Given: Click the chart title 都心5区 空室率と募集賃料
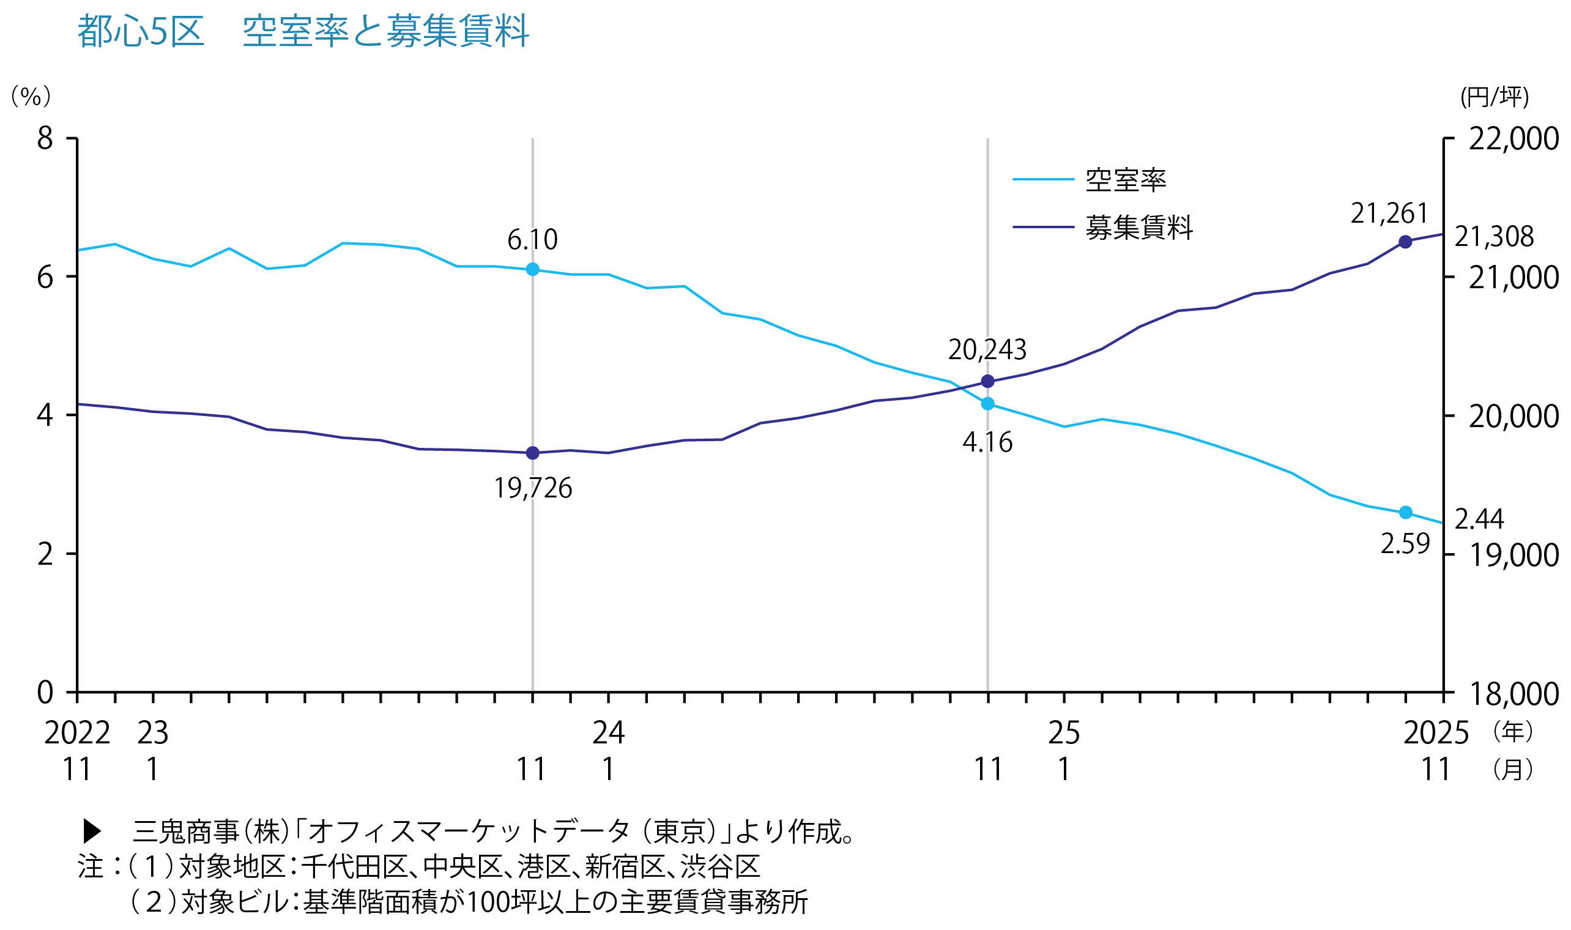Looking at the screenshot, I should click(303, 31).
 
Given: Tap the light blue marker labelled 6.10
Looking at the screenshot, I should click(532, 269).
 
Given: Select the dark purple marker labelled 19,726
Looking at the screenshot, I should click(532, 453).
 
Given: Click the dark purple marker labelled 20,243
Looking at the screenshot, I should click(987, 381).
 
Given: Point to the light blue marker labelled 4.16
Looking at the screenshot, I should click(987, 404).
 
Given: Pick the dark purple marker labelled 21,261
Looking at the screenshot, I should click(1405, 242).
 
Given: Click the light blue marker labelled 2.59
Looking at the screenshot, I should click(1405, 512).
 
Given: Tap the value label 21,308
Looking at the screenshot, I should click(1493, 237).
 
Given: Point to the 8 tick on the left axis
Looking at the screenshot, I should click(45, 138).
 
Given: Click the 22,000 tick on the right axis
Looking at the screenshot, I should click(1513, 138).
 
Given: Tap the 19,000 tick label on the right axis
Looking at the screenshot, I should click(1513, 555).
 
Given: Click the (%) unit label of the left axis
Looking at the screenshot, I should click(31, 97).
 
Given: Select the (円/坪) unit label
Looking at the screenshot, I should click(1495, 97).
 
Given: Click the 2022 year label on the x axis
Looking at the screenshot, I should click(77, 732).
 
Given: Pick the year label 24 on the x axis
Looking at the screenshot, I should click(608, 732).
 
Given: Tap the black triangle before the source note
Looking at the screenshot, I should click(92, 831).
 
